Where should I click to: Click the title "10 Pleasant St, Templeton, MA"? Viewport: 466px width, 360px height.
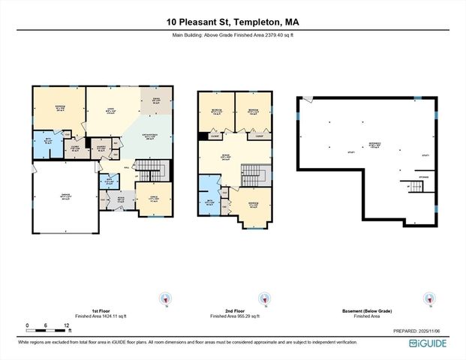pyautogui.click(x=233, y=22)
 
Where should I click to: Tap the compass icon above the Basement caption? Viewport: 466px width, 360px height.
pyautogui.click(x=429, y=298)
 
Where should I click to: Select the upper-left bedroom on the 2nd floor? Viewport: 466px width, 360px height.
pyautogui.click(x=215, y=113)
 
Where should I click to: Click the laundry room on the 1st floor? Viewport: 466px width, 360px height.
pyautogui.click(x=101, y=148)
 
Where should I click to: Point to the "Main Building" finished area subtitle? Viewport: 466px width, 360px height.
pyautogui.click(x=233, y=35)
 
